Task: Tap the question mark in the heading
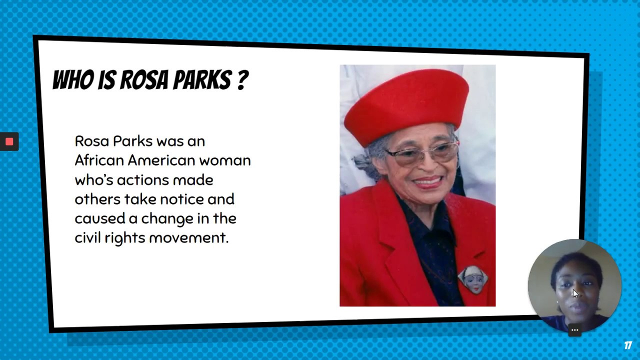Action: [x=242, y=80]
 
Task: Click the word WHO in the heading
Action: [x=73, y=80]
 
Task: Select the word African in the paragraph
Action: [x=99, y=160]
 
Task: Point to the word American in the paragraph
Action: [x=161, y=160]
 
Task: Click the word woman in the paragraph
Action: [x=225, y=160]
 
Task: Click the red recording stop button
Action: [x=9, y=141]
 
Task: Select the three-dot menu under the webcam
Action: [x=574, y=330]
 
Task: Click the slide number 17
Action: [x=628, y=345]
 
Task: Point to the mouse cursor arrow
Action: [x=575, y=294]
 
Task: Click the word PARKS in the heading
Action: [x=202, y=80]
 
